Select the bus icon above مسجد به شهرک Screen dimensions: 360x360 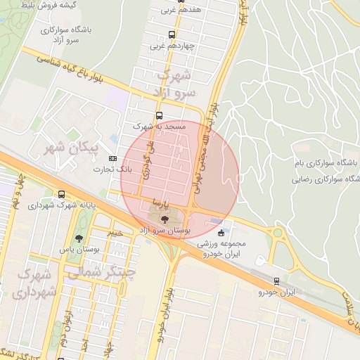(159, 115)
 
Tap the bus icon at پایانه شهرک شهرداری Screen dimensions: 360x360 (63, 195)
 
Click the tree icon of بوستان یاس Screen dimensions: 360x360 (79, 238)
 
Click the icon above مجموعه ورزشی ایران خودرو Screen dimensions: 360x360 (222, 233)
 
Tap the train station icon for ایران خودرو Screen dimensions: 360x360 (276, 280)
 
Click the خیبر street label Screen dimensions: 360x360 (115, 232)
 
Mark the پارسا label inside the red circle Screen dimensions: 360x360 (160, 202)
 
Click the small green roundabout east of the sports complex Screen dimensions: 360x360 (278, 233)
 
